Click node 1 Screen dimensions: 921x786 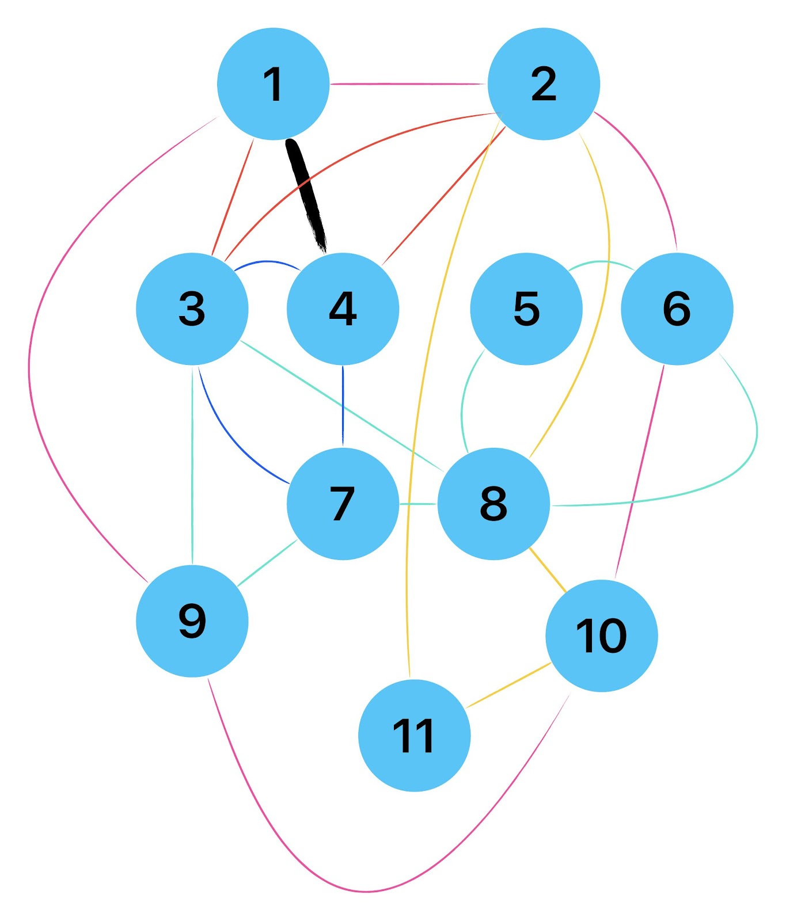273,83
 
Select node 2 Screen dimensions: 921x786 544,83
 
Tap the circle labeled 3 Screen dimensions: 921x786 192,309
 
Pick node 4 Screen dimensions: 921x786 343,309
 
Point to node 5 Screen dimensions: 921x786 526,309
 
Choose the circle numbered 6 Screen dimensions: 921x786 677,309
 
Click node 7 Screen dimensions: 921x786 343,504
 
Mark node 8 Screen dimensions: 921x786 493,504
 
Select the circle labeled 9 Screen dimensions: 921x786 192,621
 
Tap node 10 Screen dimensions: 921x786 601,635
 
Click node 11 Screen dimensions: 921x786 414,736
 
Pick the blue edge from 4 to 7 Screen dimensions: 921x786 343,406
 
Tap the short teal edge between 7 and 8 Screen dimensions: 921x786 418,504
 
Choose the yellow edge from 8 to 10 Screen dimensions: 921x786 548,570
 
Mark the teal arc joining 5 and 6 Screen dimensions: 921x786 601,262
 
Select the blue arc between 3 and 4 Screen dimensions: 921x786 268,262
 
